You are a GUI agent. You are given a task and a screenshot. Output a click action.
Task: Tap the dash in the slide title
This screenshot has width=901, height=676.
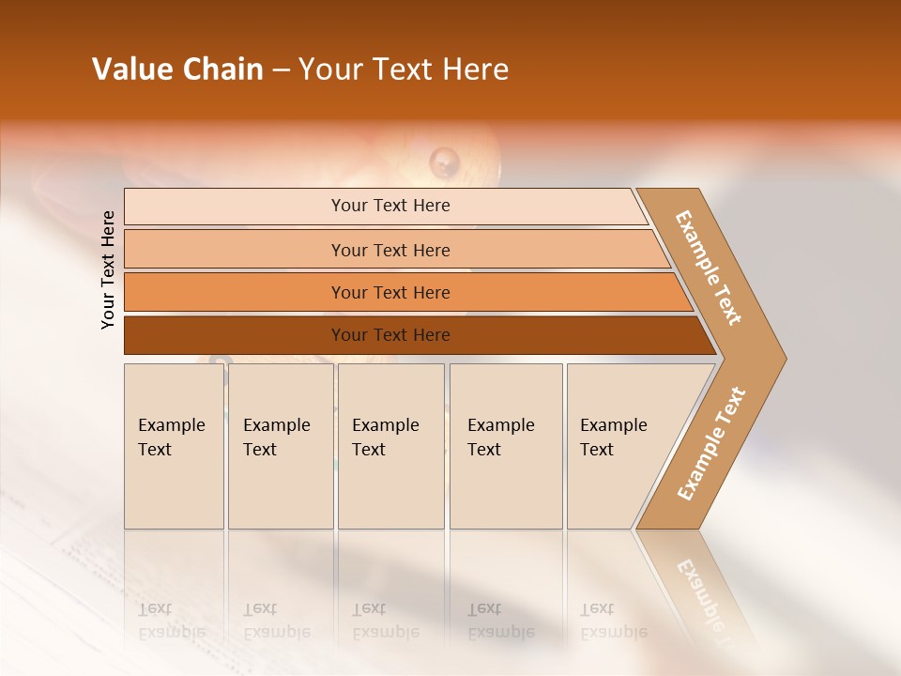(x=281, y=70)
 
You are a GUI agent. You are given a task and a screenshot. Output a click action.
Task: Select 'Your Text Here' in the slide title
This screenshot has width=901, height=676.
(x=404, y=69)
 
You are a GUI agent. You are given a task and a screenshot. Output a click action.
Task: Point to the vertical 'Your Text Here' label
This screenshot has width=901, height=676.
(x=108, y=270)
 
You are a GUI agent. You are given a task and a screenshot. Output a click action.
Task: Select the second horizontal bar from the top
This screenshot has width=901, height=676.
(x=389, y=250)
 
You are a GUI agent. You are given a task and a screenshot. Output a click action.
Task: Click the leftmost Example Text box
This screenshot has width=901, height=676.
(x=174, y=445)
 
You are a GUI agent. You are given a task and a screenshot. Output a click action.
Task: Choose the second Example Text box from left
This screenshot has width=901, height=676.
(x=280, y=445)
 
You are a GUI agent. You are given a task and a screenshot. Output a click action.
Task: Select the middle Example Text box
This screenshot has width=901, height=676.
(x=390, y=445)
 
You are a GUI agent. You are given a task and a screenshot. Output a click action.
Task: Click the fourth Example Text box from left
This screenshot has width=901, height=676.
(x=506, y=445)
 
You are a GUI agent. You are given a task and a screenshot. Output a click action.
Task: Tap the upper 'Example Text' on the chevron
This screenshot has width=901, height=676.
(x=709, y=268)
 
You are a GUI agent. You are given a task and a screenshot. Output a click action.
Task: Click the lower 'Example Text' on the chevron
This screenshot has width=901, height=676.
(x=710, y=444)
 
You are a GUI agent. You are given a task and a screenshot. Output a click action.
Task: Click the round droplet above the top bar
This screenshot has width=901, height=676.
(x=444, y=161)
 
